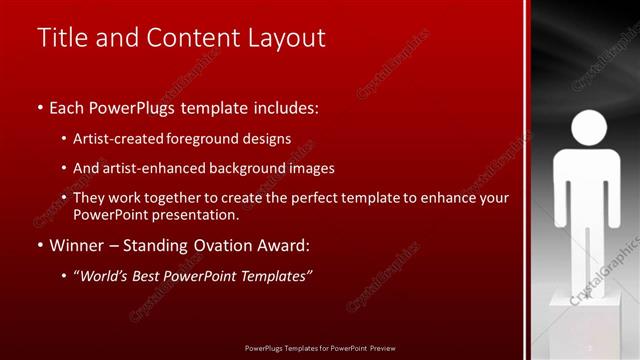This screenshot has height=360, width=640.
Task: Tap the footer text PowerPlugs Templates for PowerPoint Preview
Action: click(x=319, y=347)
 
